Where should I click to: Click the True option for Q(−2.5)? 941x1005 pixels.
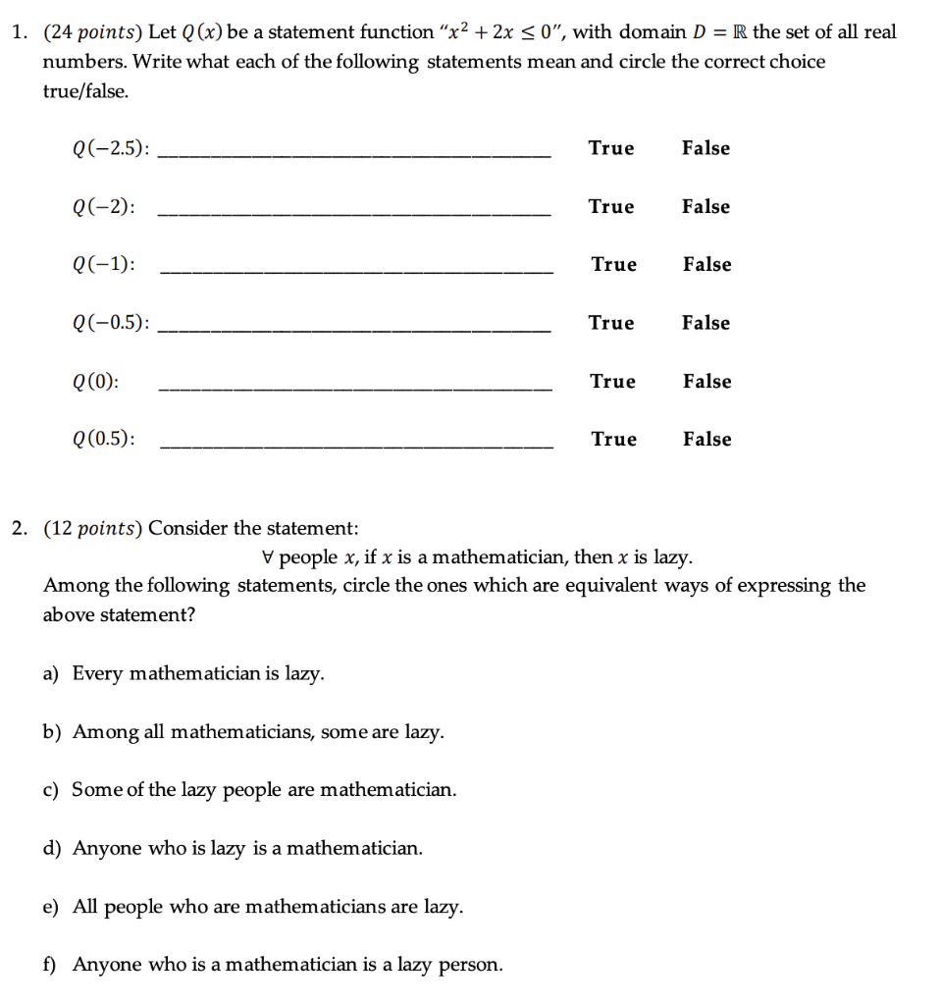tap(611, 148)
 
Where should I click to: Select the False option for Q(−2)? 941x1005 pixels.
tap(706, 207)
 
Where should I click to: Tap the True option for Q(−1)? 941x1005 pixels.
tap(613, 265)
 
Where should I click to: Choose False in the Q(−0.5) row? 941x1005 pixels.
tap(706, 323)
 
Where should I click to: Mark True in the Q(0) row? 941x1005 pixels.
tap(612, 382)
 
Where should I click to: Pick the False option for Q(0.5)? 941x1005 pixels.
tap(706, 440)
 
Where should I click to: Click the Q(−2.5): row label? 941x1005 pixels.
tap(111, 149)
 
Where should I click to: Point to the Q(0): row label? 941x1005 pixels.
tap(96, 382)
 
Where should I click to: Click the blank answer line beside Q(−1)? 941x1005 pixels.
tap(355, 272)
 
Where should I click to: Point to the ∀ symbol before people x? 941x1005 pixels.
tap(268, 558)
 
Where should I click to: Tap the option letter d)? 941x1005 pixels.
tap(52, 848)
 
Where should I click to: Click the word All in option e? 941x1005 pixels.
tap(84, 907)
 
